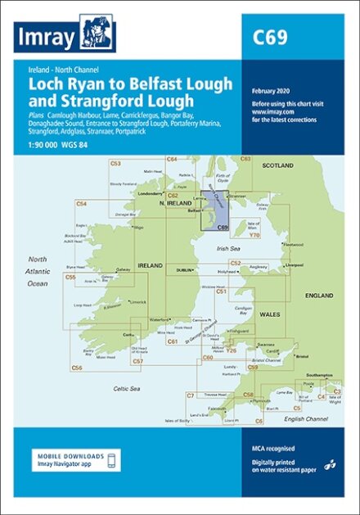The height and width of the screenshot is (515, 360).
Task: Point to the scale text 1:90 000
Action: tap(47, 142)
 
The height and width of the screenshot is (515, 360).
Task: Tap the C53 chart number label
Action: tap(115, 164)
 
